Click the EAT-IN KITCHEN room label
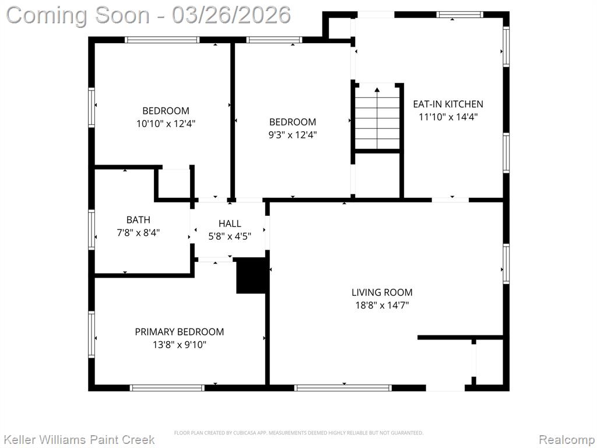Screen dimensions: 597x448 coord(448,104)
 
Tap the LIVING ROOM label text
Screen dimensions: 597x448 coord(382,292)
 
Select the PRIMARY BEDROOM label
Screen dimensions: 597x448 coord(180,332)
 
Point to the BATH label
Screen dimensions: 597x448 coord(138,220)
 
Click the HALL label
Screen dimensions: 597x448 coord(230,223)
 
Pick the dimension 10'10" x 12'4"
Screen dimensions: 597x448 coord(166,124)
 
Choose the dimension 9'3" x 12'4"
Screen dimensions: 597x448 coord(293,135)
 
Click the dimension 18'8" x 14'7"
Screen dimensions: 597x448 coord(382,305)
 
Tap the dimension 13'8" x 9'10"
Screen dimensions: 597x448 coord(180,345)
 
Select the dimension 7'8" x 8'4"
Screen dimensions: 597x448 coord(138,232)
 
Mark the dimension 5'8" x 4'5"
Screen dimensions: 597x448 coord(230,236)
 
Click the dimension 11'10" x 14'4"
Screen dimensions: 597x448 coord(448,117)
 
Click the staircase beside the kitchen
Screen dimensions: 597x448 coord(377,118)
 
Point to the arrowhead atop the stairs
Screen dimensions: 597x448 coord(377,90)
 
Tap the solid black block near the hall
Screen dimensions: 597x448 coord(251,276)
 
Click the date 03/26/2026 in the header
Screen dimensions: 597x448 coord(231,15)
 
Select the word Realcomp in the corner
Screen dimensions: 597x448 coord(566,440)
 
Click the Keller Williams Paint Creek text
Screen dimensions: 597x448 coord(79,440)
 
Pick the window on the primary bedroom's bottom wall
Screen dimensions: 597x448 coord(167,388)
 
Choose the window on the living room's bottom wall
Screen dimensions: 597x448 coord(343,388)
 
